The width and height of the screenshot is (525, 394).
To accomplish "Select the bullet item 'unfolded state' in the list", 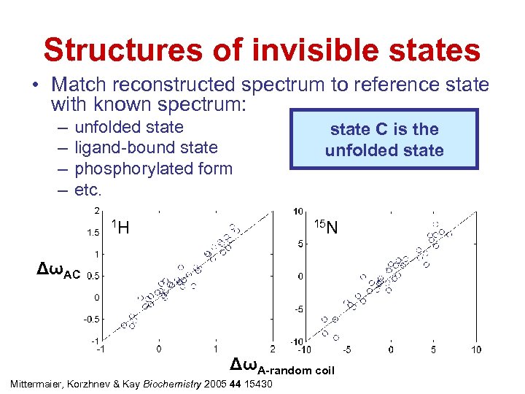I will (129, 128).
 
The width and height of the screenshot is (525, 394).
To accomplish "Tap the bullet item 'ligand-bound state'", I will (146, 148).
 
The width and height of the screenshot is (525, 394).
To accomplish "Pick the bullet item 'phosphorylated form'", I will (153, 169).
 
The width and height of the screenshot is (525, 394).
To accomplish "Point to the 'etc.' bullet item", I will (89, 190).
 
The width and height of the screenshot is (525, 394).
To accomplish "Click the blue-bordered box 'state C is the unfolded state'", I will (384, 139).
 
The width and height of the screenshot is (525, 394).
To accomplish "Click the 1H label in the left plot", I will (121, 228).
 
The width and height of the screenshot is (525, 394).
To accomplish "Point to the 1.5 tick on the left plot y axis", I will (93, 233).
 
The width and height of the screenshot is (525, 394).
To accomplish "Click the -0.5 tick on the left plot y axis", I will (90, 319).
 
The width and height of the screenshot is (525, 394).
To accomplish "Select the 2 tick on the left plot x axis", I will (272, 350).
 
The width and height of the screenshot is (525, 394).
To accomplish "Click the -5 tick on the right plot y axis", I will (300, 309).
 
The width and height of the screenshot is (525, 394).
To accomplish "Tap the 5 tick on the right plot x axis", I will (434, 350).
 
